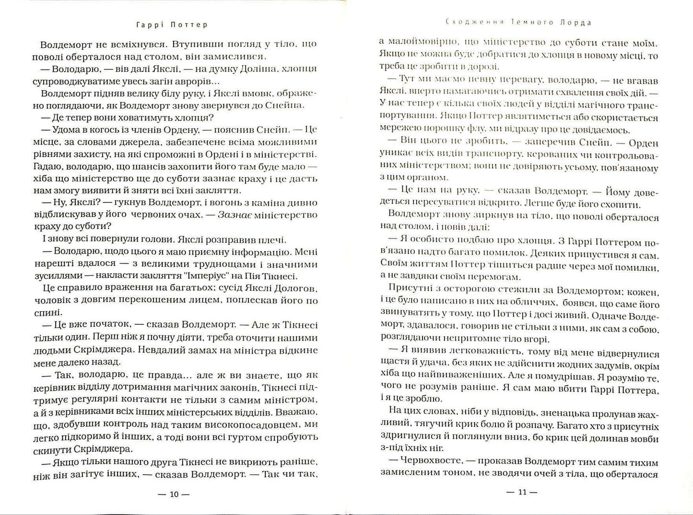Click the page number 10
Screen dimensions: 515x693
(x=174, y=494)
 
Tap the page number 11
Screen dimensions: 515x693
(x=521, y=492)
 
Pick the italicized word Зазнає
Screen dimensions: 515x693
(x=235, y=215)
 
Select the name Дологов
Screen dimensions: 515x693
(x=294, y=288)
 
